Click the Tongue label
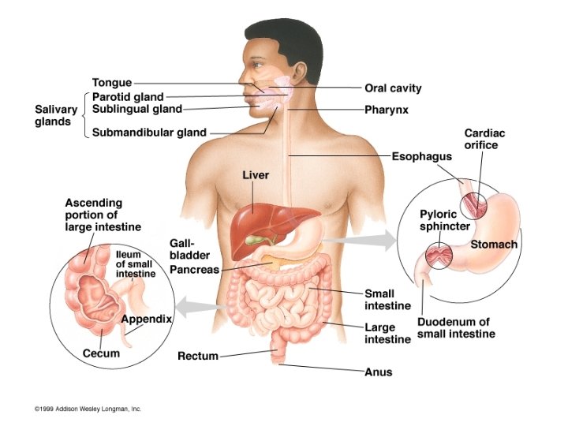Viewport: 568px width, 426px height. pyautogui.click(x=111, y=82)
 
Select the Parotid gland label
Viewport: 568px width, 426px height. pyautogui.click(x=128, y=96)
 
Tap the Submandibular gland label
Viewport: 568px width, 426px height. pyautogui.click(x=149, y=133)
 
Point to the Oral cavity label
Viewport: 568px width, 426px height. pyautogui.click(x=393, y=88)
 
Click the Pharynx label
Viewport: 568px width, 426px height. pyautogui.click(x=386, y=110)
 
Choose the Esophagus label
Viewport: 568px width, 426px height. pyautogui.click(x=422, y=156)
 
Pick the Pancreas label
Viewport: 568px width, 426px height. pyautogui.click(x=195, y=270)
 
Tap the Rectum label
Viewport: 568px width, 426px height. pyautogui.click(x=197, y=356)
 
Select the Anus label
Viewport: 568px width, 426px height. pyautogui.click(x=378, y=372)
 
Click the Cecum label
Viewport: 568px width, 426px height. pyautogui.click(x=101, y=353)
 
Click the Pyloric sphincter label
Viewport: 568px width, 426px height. pyautogui.click(x=444, y=219)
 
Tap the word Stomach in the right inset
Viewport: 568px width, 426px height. pyautogui.click(x=494, y=245)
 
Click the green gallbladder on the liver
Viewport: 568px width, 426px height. pyautogui.click(x=254, y=237)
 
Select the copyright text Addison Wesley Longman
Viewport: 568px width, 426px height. pyautogui.click(x=88, y=409)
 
